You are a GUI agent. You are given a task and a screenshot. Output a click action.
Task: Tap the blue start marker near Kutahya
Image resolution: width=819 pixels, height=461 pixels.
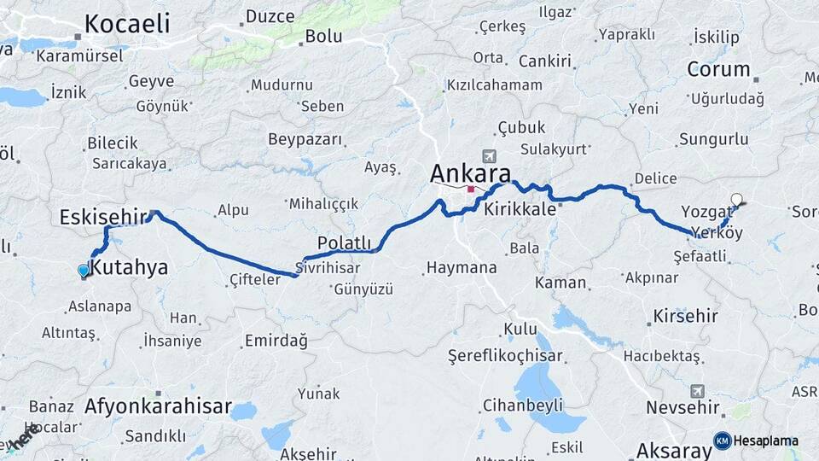tap(84, 271)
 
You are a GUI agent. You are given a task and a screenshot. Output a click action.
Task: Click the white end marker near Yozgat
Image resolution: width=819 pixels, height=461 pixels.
tap(736, 200)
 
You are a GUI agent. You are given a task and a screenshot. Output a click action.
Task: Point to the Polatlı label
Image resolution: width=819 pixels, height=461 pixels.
tap(345, 241)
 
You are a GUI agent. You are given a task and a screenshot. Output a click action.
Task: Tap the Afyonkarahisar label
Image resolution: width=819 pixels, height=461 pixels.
tap(158, 406)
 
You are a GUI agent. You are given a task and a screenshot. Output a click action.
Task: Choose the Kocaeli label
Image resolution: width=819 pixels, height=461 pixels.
tap(128, 22)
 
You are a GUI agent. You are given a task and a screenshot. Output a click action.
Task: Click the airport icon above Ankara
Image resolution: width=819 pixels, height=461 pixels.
tap(489, 156)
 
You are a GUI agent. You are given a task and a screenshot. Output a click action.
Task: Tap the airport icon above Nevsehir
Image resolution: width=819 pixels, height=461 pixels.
tap(698, 391)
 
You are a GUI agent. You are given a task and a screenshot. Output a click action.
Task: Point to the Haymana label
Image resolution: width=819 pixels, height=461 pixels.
tap(461, 268)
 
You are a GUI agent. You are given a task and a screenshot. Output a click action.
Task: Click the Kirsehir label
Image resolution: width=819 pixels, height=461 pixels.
tap(685, 316)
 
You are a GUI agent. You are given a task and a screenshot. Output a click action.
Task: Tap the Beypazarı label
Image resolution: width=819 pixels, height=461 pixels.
tap(305, 139)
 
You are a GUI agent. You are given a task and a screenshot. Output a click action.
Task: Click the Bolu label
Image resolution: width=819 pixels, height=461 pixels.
tap(323, 36)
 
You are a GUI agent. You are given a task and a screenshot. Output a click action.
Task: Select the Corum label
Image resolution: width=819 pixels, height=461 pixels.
tap(718, 69)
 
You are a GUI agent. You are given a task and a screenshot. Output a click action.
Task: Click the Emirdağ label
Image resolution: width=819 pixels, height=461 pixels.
tap(276, 341)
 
